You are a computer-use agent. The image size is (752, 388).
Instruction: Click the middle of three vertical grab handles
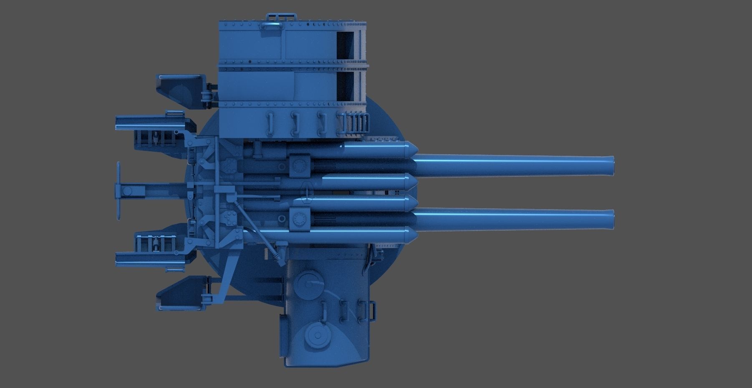point(295,124)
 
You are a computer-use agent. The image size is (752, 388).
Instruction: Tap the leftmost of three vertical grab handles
point(270,123)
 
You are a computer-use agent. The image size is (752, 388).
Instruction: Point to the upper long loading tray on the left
point(150,123)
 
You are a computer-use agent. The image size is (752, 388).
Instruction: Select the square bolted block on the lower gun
point(299,219)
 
